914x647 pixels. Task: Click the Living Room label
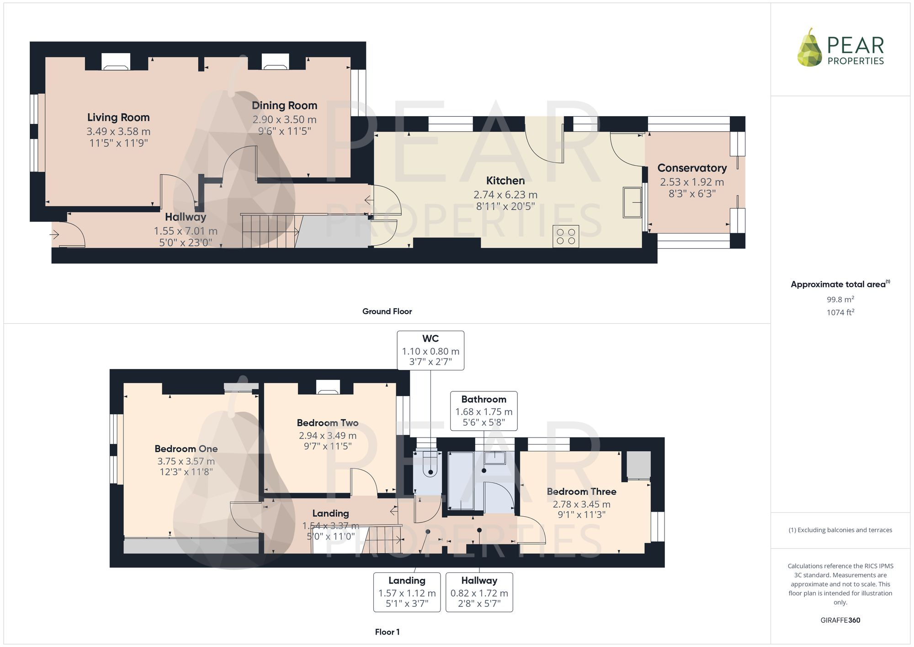[118, 118]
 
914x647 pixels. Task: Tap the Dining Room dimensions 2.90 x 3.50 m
[284, 120]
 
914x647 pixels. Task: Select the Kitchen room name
[505, 181]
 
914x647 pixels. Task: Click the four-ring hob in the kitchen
[566, 236]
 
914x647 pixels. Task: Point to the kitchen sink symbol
[632, 202]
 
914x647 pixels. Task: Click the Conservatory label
[692, 168]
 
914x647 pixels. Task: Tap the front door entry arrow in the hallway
[54, 235]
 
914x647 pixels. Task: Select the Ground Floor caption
[387, 311]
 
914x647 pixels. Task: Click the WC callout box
[430, 350]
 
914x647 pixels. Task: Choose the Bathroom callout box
[484, 411]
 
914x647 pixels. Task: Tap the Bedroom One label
[186, 449]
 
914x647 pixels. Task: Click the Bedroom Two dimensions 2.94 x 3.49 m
[328, 436]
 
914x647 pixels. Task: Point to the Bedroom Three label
[582, 492]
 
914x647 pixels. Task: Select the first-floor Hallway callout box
[479, 592]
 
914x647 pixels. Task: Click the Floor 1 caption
[387, 632]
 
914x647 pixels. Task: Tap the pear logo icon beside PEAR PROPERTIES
[810, 48]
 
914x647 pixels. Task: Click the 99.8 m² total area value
[840, 299]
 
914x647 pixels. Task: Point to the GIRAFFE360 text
[840, 620]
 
